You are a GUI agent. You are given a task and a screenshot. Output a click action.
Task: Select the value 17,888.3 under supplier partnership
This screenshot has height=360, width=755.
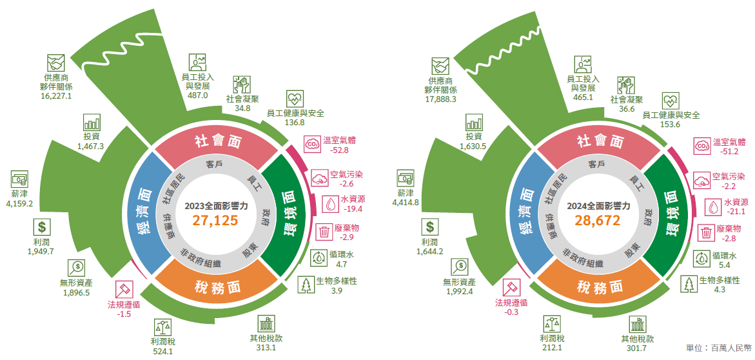click(x=440, y=99)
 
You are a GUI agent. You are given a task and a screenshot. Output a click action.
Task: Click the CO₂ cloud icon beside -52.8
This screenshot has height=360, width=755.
click(x=311, y=143)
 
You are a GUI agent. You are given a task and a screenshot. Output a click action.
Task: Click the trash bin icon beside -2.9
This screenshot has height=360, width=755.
click(x=324, y=232)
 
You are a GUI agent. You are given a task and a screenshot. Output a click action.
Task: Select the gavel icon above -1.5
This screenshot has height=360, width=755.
click(x=124, y=288)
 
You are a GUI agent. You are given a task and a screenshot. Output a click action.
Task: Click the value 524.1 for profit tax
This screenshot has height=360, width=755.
click(x=162, y=352)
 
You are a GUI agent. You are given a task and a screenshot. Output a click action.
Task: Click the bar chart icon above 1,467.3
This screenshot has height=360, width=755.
click(x=91, y=123)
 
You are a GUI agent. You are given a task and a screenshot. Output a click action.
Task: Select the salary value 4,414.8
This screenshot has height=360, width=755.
click(x=406, y=202)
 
